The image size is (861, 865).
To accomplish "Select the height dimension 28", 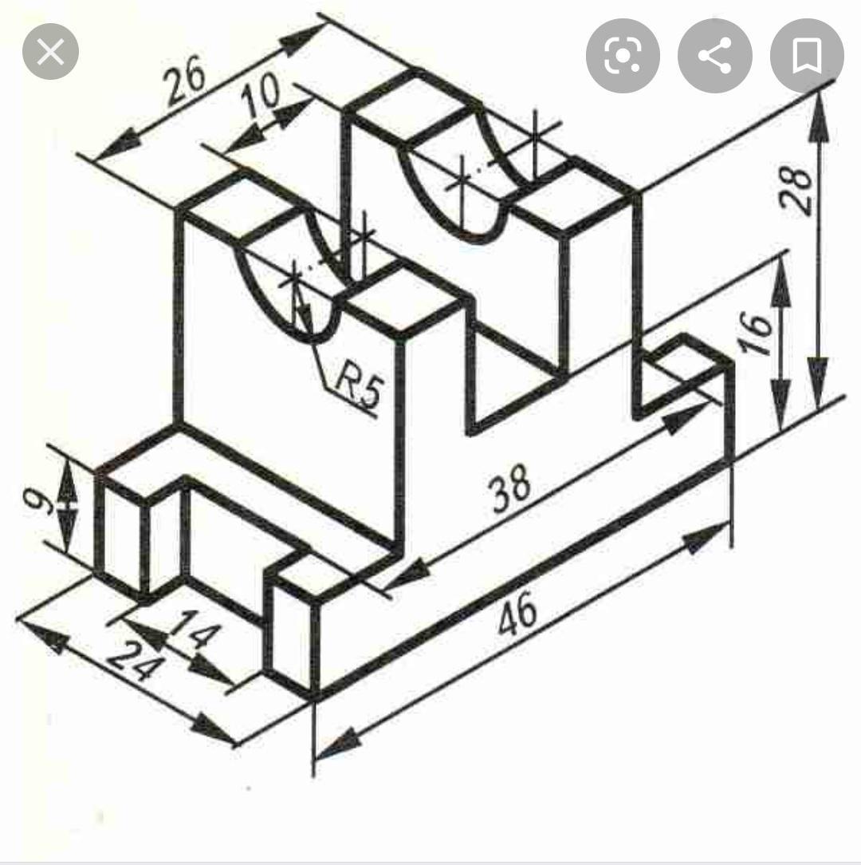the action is (x=796, y=188).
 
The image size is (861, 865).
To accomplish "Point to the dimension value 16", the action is (x=757, y=333).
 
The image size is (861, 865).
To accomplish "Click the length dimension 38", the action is (x=511, y=488).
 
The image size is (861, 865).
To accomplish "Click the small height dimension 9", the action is (x=39, y=501).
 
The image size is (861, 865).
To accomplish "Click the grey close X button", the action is (x=50, y=52).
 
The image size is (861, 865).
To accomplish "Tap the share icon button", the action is (x=715, y=56).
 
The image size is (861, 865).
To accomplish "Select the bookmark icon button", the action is (x=807, y=56).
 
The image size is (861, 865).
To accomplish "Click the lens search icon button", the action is (x=623, y=56).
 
